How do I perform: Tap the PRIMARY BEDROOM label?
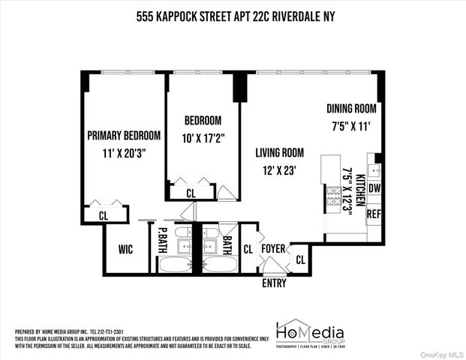tap(124, 136)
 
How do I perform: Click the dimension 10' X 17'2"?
tap(203, 138)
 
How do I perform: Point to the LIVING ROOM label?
tap(278, 153)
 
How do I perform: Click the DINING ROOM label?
tap(350, 109)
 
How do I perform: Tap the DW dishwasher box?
tap(374, 189)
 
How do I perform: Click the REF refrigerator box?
tap(374, 214)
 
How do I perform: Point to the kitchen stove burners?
tap(331, 196)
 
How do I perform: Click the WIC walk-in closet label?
tap(125, 248)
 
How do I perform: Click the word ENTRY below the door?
tap(273, 283)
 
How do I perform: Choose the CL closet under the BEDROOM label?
tap(191, 193)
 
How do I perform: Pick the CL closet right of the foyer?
tap(300, 260)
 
